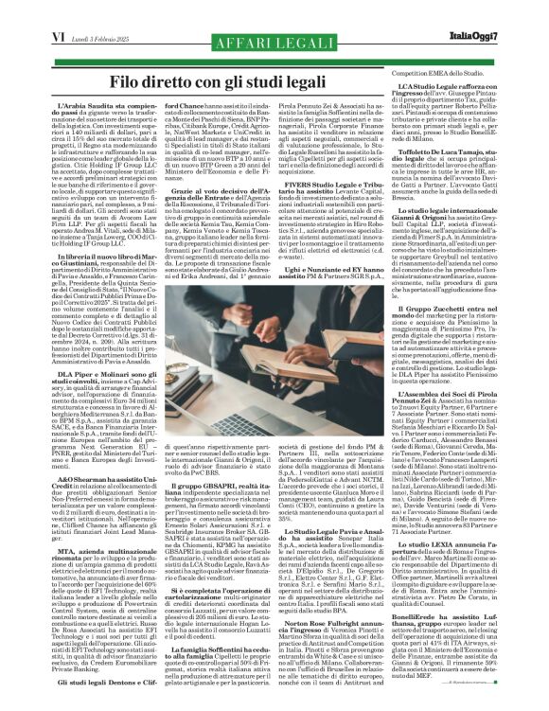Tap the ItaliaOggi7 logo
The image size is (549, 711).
pyautogui.click(x=509, y=10)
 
